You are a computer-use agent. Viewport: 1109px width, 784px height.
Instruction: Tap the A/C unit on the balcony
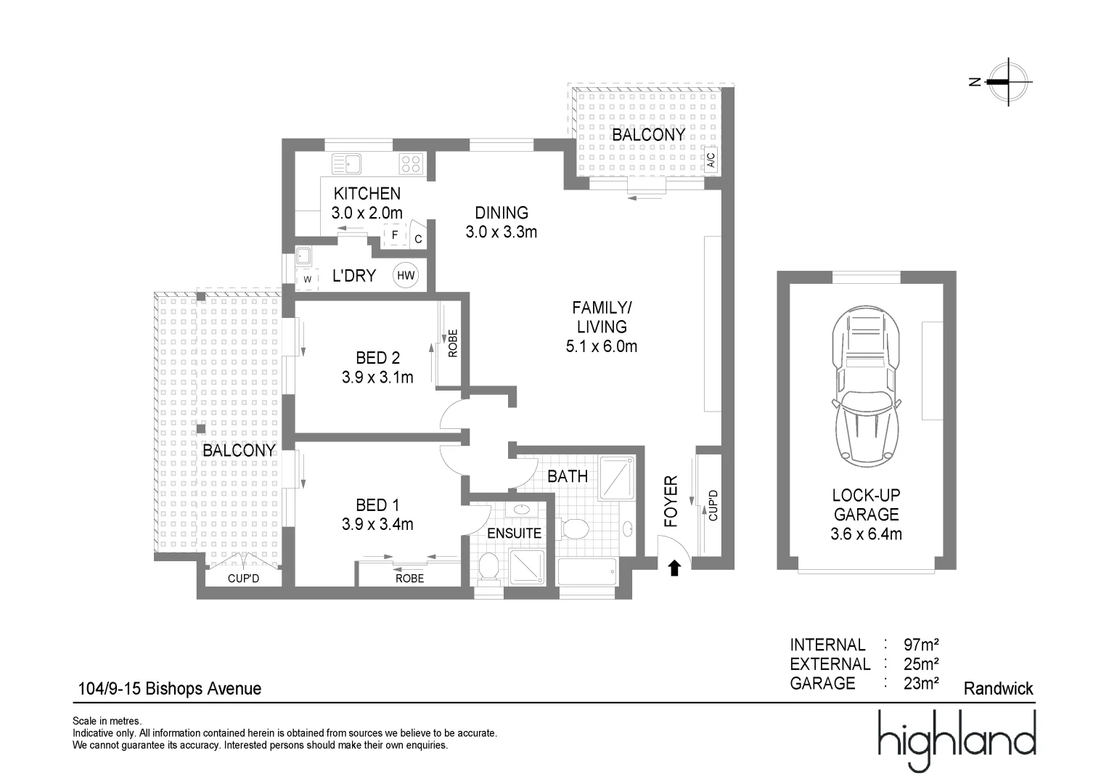(711, 160)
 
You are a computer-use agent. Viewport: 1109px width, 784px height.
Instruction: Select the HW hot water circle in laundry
(406, 275)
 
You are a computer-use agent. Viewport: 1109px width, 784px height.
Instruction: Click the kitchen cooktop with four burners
(411, 163)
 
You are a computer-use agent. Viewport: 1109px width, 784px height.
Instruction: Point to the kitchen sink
(346, 163)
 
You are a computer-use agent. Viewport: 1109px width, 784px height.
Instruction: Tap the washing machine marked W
(307, 279)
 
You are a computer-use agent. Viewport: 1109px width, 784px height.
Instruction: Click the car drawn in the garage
(866, 386)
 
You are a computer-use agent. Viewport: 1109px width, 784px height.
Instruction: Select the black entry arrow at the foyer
(674, 568)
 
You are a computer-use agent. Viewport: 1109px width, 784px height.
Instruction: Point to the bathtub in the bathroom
(587, 572)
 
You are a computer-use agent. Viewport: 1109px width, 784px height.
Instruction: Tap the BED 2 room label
(377, 358)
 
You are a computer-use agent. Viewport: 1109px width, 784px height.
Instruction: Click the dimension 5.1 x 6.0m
(602, 346)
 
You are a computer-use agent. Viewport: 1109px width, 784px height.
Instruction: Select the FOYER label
(671, 501)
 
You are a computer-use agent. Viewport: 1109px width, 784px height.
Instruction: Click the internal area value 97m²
(921, 645)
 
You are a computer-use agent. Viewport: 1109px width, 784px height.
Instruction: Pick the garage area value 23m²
(921, 683)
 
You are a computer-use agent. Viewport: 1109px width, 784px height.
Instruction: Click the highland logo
(957, 741)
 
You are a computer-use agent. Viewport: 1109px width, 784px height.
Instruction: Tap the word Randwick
(999, 688)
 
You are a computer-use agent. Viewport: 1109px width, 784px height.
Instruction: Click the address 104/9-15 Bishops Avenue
(170, 688)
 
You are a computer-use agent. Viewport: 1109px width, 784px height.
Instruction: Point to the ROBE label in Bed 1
(409, 578)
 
